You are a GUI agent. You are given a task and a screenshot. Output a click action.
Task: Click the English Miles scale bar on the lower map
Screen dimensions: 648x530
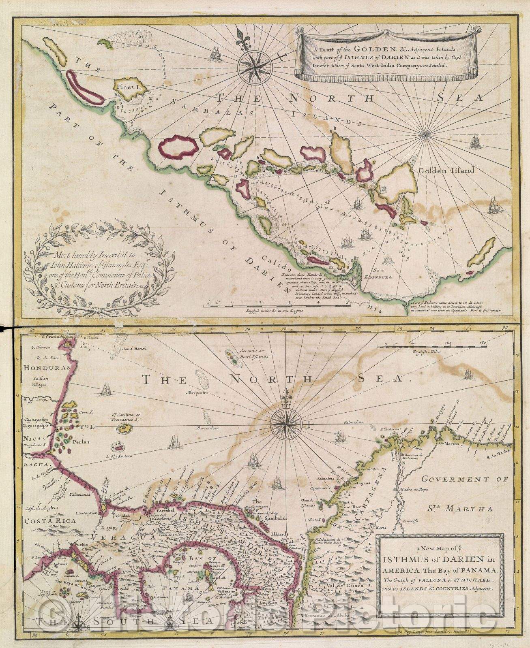[x=430, y=346]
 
